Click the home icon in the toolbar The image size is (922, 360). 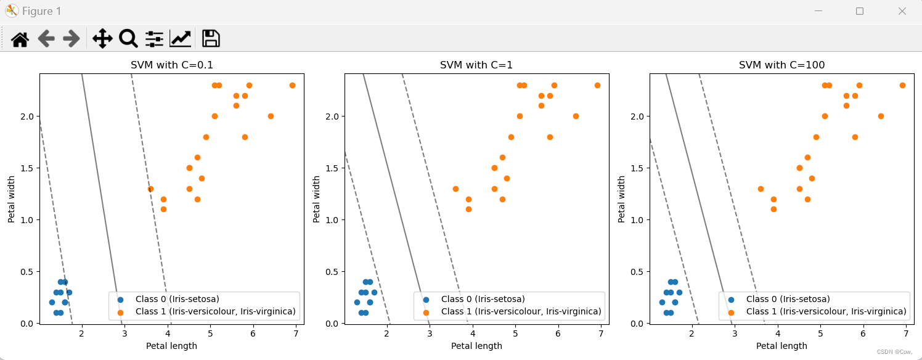[x=20, y=39]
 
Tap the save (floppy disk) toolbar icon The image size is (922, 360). [x=211, y=39]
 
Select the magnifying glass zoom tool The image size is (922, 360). [x=128, y=39]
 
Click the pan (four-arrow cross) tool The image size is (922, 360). [x=102, y=39]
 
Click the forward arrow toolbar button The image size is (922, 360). [x=71, y=39]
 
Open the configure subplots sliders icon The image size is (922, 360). [x=154, y=39]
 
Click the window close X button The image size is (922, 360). [x=902, y=11]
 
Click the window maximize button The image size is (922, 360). [x=860, y=11]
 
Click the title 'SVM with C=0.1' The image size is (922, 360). [x=172, y=65]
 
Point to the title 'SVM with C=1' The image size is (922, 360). [x=476, y=65]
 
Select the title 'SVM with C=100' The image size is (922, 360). [x=781, y=65]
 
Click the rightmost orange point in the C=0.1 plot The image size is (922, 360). [x=292, y=85]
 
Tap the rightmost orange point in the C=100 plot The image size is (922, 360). [x=902, y=85]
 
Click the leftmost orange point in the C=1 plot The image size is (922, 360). [x=455, y=189]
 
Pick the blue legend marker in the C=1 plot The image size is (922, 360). [x=426, y=299]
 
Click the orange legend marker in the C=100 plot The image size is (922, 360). [x=731, y=312]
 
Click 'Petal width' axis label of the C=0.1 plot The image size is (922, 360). [x=12, y=199]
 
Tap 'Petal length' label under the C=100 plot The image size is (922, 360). [x=781, y=346]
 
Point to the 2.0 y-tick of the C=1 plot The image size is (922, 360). [x=332, y=117]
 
